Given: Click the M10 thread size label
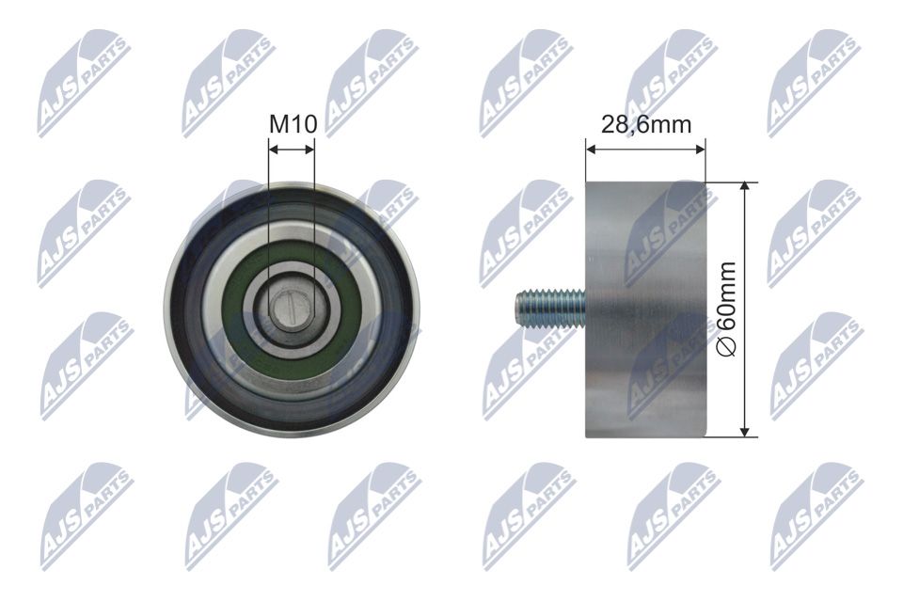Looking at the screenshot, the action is coord(293,124).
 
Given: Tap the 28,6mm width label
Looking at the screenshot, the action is coord(646,124).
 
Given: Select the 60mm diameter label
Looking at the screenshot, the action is coord(727,309).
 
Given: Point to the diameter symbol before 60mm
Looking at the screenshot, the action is coord(728,348).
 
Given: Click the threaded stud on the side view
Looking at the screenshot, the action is coord(551,309).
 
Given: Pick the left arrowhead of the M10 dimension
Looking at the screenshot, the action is coord(274,150).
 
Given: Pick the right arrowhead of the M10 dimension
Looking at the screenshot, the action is coord(309,150).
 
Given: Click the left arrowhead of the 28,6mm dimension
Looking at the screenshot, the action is coord(592,150).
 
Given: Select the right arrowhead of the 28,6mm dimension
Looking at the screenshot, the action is coord(700,150).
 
